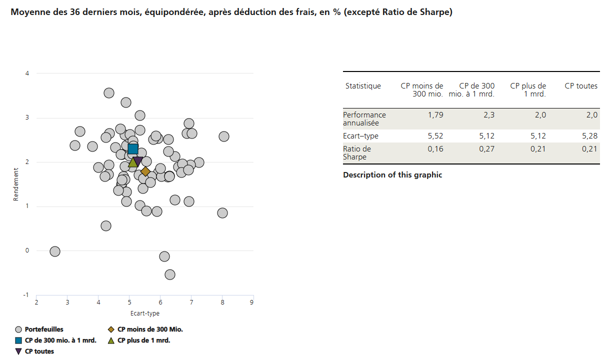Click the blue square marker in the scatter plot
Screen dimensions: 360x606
pos(133,148)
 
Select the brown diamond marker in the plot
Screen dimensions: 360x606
pos(145,171)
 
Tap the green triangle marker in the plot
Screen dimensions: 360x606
pos(133,162)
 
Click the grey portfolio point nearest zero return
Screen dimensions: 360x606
pos(55,251)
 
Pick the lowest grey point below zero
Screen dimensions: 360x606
pos(170,274)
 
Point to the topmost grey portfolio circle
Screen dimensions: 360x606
pos(109,93)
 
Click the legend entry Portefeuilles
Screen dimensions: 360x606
pos(44,329)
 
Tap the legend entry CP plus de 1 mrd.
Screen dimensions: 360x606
pos(143,340)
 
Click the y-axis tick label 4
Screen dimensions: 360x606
pos(27,73)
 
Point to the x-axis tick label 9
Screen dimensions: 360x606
pos(252,302)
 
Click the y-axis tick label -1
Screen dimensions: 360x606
pos(26,295)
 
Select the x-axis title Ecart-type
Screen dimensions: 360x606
pos(145,313)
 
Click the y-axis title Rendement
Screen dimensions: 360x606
pos(16,184)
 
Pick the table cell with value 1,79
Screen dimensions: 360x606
pos(435,115)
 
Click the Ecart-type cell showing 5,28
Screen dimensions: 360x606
pos(590,136)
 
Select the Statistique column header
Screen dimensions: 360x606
pos(363,86)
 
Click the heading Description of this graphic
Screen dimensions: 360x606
pos(392,175)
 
